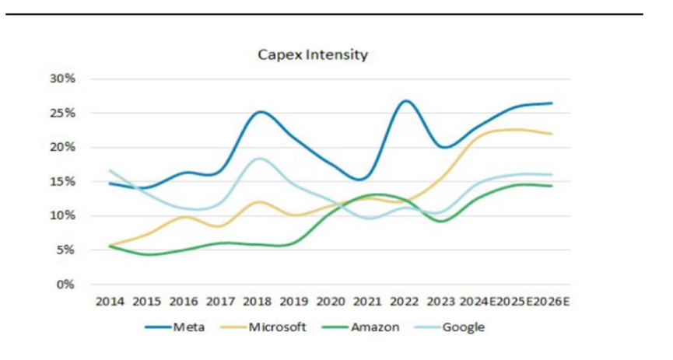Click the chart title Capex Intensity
click(x=313, y=55)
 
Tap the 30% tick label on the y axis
click(x=63, y=79)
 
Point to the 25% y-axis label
click(x=63, y=113)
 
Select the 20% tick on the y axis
click(x=63, y=147)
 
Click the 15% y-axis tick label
click(x=63, y=181)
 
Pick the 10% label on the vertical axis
click(x=63, y=215)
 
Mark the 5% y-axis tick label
click(x=65, y=250)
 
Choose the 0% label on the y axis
click(x=65, y=284)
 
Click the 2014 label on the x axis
click(x=110, y=301)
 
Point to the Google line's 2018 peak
click(x=259, y=159)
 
